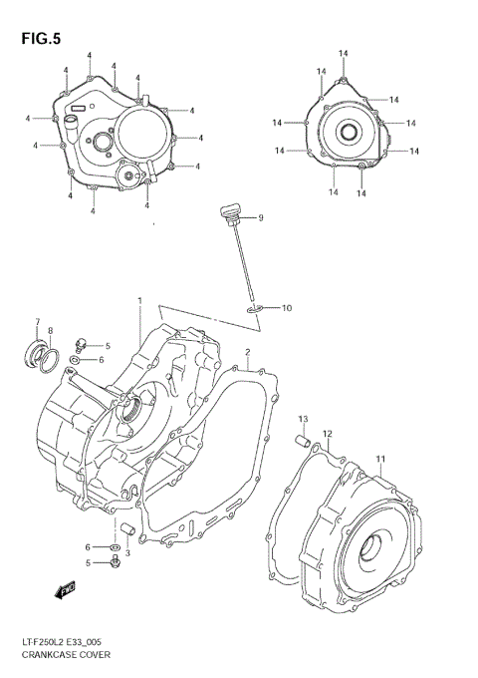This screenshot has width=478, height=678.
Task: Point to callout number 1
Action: tap(140, 300)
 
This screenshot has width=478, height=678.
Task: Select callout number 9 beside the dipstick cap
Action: tap(261, 217)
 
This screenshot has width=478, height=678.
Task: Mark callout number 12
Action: tap(327, 433)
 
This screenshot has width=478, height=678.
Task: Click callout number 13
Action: tap(303, 418)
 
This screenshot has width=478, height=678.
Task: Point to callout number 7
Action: tap(37, 321)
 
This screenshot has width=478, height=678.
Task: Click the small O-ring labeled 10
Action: tap(255, 310)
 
